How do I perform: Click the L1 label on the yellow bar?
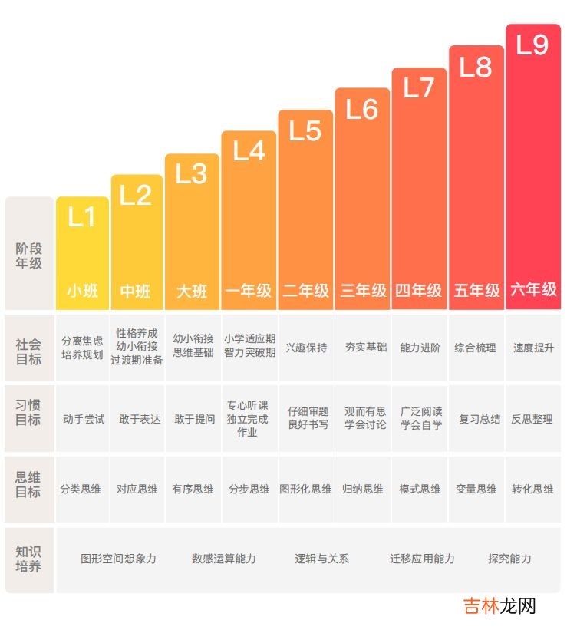tap(82, 217)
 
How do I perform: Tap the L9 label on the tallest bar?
tap(532, 45)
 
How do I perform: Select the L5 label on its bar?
tap(305, 131)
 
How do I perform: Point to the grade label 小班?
tap(82, 292)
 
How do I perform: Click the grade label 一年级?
tap(249, 292)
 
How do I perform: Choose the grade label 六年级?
tap(533, 290)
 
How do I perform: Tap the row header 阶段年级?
tap(29, 256)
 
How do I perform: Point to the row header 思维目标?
tap(29, 485)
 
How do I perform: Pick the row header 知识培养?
tap(29, 559)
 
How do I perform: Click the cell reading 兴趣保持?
tap(306, 348)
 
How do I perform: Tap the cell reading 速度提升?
tap(533, 348)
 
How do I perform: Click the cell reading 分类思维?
tap(81, 489)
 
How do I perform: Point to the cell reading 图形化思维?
tap(306, 489)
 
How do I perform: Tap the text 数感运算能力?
tap(224, 559)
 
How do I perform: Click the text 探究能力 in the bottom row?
tap(509, 559)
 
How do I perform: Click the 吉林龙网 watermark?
tap(499, 606)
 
